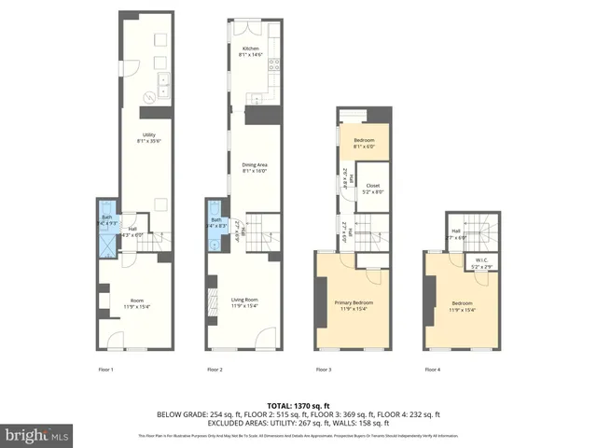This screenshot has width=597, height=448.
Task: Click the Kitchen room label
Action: (x=250, y=51)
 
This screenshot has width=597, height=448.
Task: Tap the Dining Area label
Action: (x=255, y=168)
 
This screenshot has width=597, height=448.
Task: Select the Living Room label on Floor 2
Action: (x=244, y=302)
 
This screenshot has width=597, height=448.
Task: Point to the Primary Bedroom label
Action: (x=354, y=305)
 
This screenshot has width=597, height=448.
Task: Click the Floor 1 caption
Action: (x=105, y=371)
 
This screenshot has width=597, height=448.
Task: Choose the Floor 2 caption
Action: (x=215, y=371)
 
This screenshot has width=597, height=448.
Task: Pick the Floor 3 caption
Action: (x=324, y=371)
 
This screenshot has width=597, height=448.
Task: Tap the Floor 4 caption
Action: (x=433, y=371)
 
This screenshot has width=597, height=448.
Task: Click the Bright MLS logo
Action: (x=37, y=435)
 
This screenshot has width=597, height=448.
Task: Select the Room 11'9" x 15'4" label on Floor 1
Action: (x=136, y=302)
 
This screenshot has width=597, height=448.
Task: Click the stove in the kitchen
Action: (x=274, y=65)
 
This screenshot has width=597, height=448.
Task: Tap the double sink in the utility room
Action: (x=162, y=87)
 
